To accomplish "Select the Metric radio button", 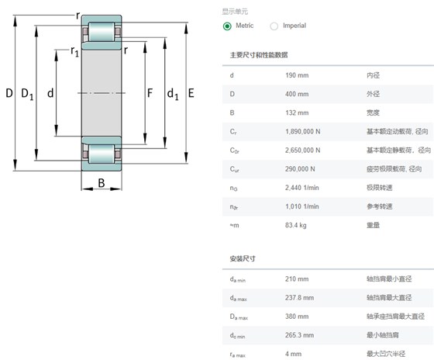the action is tap(227, 26).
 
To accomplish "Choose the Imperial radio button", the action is tap(274, 26).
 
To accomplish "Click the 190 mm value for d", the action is tap(297, 75).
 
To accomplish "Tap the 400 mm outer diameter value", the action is tap(297, 94).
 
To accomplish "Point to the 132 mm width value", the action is tap(297, 112).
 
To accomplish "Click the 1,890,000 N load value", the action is tap(303, 132).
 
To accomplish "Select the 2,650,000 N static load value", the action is tap(303, 151).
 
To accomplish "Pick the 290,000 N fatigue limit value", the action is tap(300, 169).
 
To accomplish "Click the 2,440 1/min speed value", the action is tap(302, 188).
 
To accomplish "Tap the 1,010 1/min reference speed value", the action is tap(302, 206).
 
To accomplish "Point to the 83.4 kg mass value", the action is tap(296, 225).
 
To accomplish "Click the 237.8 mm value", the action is tap(299, 298).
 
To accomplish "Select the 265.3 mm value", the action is tap(299, 335).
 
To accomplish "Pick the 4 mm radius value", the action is tap(294, 354).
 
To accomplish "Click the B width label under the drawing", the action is tap(102, 183).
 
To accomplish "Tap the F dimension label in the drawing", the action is tap(150, 93).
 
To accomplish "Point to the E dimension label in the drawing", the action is tap(191, 93).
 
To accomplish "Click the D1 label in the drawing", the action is tap(27, 94).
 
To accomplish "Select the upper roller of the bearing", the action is tap(102, 32).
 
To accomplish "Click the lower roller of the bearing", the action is tap(102, 154).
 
